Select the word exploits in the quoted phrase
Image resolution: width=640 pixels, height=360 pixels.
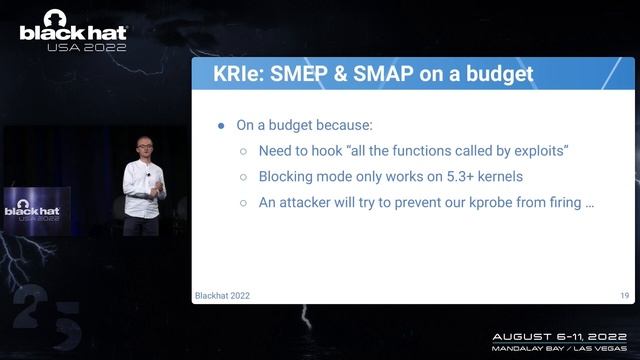click(536, 151)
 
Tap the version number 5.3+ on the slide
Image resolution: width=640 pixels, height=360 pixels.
click(450, 177)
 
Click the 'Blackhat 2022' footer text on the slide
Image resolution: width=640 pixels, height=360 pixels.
click(221, 295)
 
